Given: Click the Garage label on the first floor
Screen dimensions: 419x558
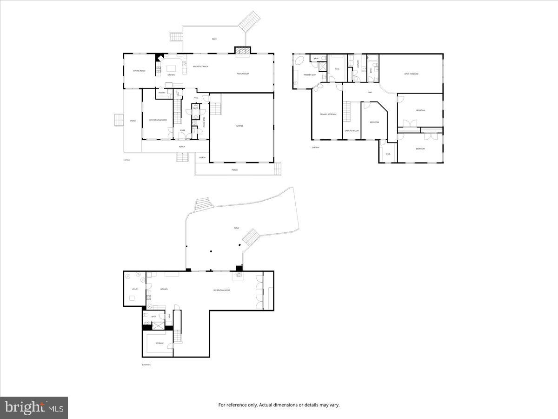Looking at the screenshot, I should (240, 126).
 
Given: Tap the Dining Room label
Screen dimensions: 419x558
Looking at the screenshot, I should (139, 71).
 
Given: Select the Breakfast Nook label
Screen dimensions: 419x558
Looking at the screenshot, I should (200, 67).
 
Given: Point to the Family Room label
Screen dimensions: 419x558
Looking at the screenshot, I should (243, 74).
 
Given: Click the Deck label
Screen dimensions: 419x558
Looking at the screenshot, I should (214, 39).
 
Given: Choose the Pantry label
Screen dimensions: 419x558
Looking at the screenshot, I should (162, 93).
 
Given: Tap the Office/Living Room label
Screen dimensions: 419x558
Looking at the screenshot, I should (158, 120).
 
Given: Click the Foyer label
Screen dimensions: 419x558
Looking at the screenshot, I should (182, 130).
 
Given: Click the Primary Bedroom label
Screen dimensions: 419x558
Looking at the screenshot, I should (328, 114).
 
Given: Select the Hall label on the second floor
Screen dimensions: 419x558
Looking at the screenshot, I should (370, 92).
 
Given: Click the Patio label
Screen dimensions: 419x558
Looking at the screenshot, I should (236, 228).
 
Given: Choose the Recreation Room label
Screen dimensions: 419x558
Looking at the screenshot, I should (221, 290).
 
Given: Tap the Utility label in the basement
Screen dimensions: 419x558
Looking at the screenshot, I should (135, 289).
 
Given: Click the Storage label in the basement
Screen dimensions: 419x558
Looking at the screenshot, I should (159, 343).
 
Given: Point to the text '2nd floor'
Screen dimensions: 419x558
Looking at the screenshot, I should (315, 147).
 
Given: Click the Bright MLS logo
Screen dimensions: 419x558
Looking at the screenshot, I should (34, 408).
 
